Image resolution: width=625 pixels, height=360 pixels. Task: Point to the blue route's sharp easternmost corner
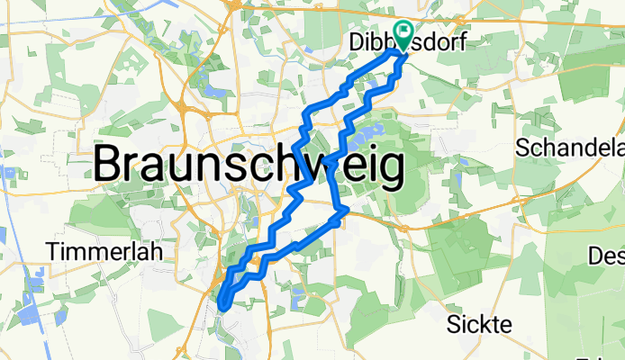347,209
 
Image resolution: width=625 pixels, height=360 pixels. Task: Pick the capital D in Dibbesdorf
354,42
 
